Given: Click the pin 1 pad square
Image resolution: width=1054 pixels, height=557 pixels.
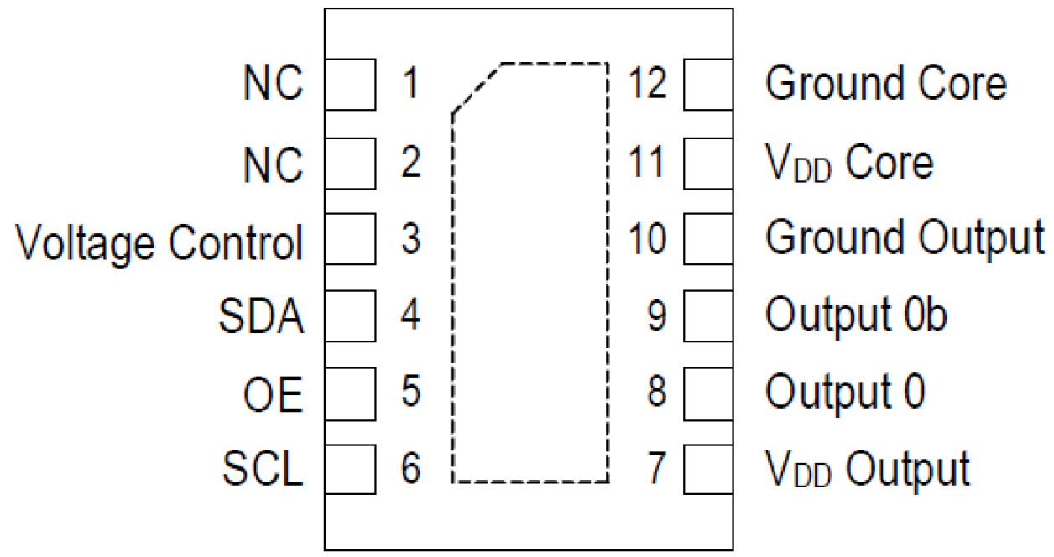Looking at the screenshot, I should click(x=350, y=85).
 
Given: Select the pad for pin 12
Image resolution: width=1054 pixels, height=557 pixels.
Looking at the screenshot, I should click(x=708, y=85).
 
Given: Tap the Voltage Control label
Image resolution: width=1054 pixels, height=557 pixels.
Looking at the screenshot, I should click(x=159, y=242).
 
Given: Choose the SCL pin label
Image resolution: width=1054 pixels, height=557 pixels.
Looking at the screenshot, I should click(x=263, y=469).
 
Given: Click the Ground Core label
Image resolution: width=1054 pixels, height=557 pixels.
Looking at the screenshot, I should click(x=885, y=84).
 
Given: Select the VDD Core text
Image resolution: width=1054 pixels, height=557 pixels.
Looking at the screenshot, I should click(x=848, y=162).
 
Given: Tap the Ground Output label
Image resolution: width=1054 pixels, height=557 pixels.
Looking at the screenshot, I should click(x=905, y=238).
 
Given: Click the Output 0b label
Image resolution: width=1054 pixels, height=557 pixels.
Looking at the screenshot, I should click(x=856, y=315).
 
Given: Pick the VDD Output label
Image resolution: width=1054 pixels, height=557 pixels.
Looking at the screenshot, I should click(x=867, y=469).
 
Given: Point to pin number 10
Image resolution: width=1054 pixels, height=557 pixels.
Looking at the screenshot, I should click(x=648, y=239).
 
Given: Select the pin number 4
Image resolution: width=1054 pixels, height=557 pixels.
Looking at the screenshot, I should click(x=410, y=316).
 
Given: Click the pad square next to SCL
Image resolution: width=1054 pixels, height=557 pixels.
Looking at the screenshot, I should click(x=350, y=469).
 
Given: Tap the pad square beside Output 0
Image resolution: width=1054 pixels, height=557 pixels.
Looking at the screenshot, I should click(x=708, y=393).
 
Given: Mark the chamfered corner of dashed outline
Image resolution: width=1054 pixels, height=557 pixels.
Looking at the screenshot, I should click(x=477, y=87).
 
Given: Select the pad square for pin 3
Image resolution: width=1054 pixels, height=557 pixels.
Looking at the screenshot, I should click(x=350, y=239).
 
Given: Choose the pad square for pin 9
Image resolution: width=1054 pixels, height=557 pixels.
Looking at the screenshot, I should click(x=708, y=316).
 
